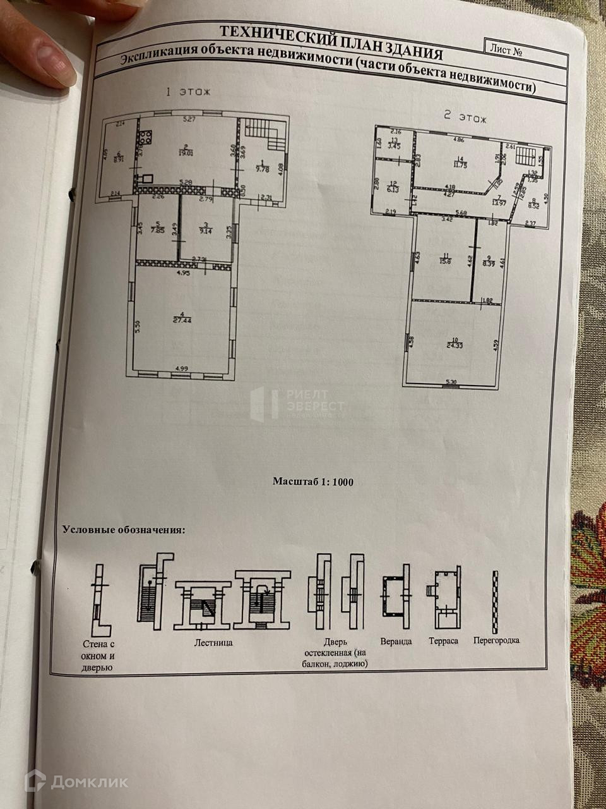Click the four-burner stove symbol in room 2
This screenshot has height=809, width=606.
click(x=146, y=136)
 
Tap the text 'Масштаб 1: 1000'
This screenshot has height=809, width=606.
click(x=312, y=482)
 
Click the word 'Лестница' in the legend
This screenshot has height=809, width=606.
click(x=213, y=643)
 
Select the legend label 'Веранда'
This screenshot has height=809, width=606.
click(x=396, y=641)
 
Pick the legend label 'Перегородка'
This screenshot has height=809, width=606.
click(x=496, y=640)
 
